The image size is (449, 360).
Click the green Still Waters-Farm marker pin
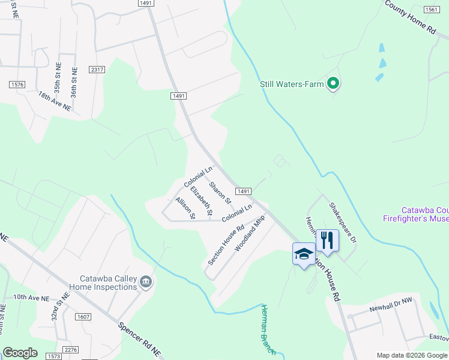(334, 84)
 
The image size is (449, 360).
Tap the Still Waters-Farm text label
(292, 85)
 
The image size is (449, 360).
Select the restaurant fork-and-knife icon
(327, 241)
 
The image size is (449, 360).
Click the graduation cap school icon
(304, 254)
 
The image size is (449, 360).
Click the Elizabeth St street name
(201, 201)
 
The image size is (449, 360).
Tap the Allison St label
(185, 208)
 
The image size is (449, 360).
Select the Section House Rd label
(226, 245)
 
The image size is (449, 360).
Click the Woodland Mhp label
(249, 233)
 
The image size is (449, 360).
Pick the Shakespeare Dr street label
(343, 222)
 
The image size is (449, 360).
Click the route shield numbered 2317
(97, 70)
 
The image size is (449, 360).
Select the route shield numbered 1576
(17, 85)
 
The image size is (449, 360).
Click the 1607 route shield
(83, 316)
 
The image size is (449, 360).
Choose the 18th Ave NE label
(54, 101)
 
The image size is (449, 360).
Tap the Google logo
(20, 353)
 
